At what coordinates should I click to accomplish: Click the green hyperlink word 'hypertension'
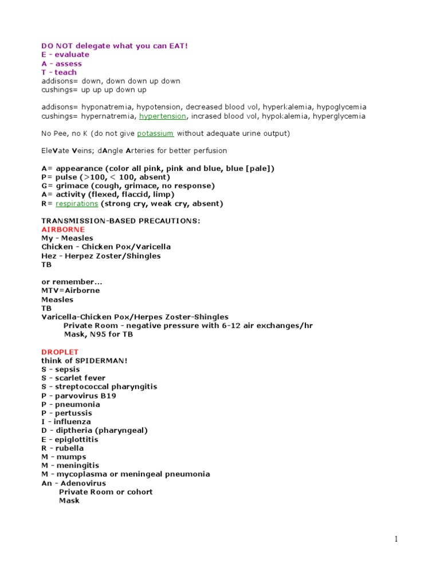click(x=163, y=116)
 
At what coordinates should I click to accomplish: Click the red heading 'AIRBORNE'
click(x=63, y=229)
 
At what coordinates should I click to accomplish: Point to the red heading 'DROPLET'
click(x=60, y=351)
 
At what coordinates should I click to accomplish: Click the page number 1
click(x=395, y=539)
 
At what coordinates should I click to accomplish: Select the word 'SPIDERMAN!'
click(x=105, y=361)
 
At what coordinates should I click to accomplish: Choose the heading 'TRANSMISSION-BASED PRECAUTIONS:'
click(x=120, y=221)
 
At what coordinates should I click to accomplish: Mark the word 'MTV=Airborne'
click(x=70, y=291)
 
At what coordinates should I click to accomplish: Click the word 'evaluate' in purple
click(x=72, y=54)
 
